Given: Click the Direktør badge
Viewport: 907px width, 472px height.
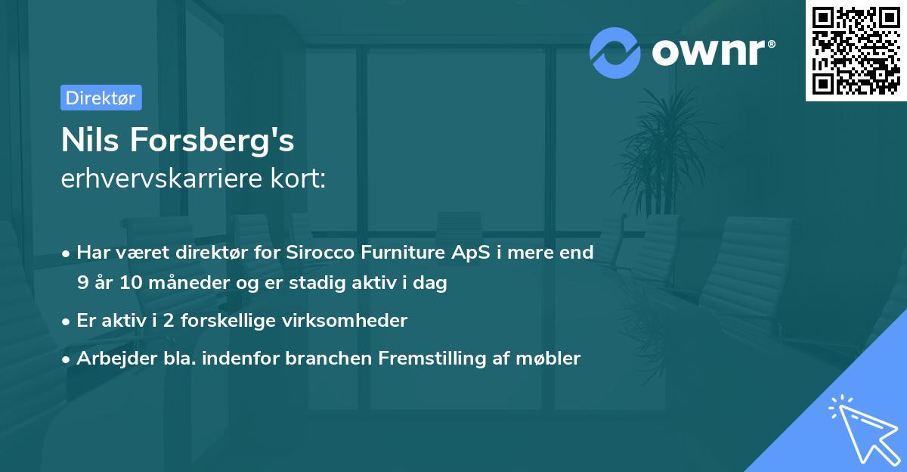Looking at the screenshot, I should pyautogui.click(x=101, y=98).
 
